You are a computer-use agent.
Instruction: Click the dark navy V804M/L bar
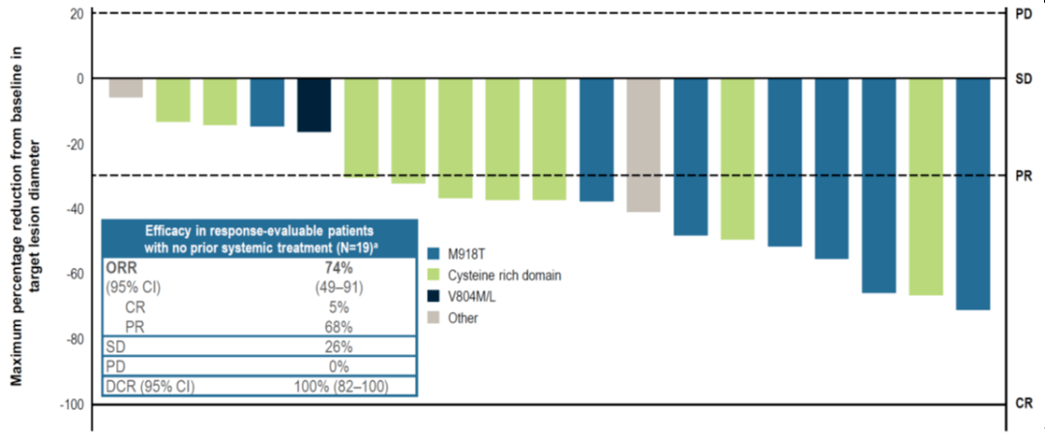click(x=313, y=105)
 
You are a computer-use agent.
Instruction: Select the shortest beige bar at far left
click(x=126, y=88)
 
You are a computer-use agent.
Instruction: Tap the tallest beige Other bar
click(x=643, y=145)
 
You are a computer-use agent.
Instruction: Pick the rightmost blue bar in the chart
click(x=973, y=193)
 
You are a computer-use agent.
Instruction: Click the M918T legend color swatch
click(x=434, y=253)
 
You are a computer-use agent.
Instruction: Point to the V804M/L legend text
click(x=474, y=297)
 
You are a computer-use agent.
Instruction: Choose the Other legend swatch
click(x=434, y=318)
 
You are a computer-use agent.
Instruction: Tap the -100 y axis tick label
click(x=74, y=405)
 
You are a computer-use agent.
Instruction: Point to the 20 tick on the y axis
click(x=78, y=14)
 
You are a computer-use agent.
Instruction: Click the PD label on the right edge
click(x=1024, y=14)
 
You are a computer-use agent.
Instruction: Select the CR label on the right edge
click(x=1024, y=403)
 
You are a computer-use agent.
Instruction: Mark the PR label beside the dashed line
click(x=1024, y=177)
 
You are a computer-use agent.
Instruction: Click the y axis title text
click(x=24, y=216)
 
